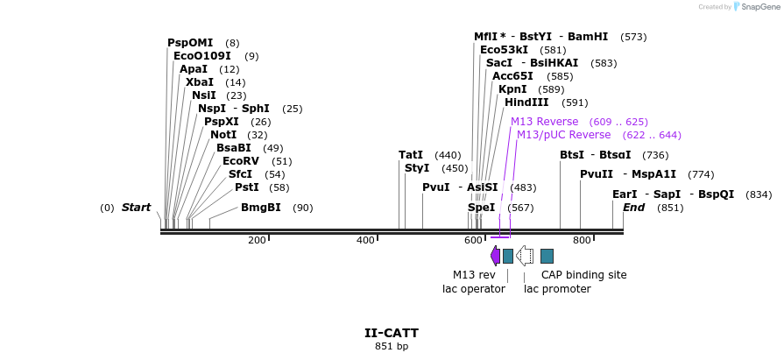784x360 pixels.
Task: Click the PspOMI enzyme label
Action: (190, 43)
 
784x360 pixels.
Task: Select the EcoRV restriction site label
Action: (240, 161)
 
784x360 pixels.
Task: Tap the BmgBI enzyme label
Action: (261, 208)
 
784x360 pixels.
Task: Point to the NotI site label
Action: (223, 135)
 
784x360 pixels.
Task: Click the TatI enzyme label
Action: (411, 155)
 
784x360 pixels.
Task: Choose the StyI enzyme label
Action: (417, 168)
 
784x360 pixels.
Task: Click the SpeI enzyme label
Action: (481, 208)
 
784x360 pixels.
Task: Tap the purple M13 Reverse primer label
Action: (544, 122)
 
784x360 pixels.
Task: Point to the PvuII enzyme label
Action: (597, 174)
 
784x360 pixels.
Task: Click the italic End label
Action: (633, 208)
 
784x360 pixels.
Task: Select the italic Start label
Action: (137, 208)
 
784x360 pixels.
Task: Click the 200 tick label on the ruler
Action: (257, 240)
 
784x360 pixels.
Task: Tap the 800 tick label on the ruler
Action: (582, 240)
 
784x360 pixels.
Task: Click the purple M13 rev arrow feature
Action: (495, 256)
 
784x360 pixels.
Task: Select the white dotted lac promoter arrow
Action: (525, 256)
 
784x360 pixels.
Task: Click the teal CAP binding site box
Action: (547, 256)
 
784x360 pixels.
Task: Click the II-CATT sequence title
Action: (392, 333)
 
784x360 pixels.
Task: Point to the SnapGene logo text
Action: (758, 7)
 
